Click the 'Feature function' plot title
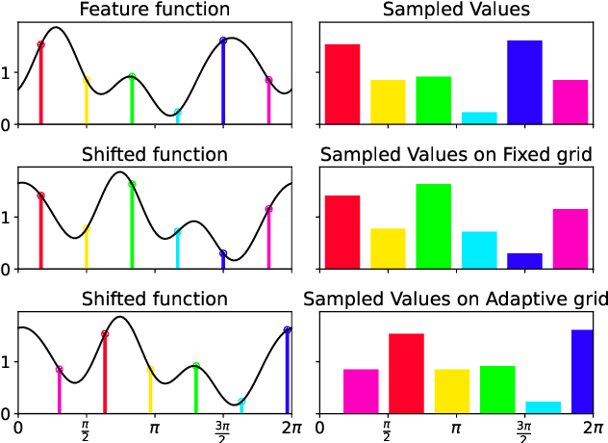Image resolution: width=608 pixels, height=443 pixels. pos(154,10)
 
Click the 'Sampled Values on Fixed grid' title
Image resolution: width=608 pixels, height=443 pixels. pos(455,154)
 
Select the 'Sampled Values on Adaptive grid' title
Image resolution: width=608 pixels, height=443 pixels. pos(455,299)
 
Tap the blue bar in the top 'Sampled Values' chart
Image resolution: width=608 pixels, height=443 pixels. pos(524,83)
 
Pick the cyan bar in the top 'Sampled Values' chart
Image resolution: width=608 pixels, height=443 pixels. pos(479,118)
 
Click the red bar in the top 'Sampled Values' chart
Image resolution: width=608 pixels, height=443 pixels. pos(342,85)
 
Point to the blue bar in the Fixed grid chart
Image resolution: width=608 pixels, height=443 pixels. pos(524,261)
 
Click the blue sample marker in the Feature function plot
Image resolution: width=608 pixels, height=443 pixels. pos(223,40)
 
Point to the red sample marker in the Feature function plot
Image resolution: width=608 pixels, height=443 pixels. pos(40,44)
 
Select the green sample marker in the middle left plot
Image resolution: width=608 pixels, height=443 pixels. pos(132,184)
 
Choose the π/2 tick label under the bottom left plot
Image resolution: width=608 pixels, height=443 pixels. pos(86,426)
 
